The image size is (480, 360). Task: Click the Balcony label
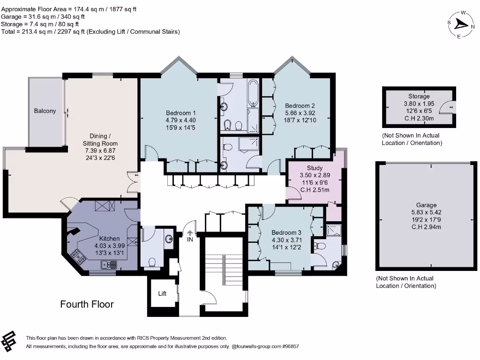click(45, 111)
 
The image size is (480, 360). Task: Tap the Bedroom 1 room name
click(181, 113)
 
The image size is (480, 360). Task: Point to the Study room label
click(315, 168)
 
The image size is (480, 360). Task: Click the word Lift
click(162, 294)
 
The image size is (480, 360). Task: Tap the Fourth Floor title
click(87, 304)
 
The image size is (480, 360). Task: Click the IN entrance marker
click(190, 239)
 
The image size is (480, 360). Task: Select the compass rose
click(460, 24)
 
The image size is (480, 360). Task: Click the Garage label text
click(426, 205)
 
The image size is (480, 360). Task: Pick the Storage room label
click(419, 96)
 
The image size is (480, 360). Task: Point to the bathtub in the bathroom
click(253, 93)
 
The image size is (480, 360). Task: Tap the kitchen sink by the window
click(107, 265)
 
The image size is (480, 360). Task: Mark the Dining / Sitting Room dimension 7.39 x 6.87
click(100, 150)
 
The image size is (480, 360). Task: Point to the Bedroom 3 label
click(286, 233)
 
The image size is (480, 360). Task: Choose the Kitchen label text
click(109, 239)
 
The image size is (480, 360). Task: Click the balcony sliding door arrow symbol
click(67, 112)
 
